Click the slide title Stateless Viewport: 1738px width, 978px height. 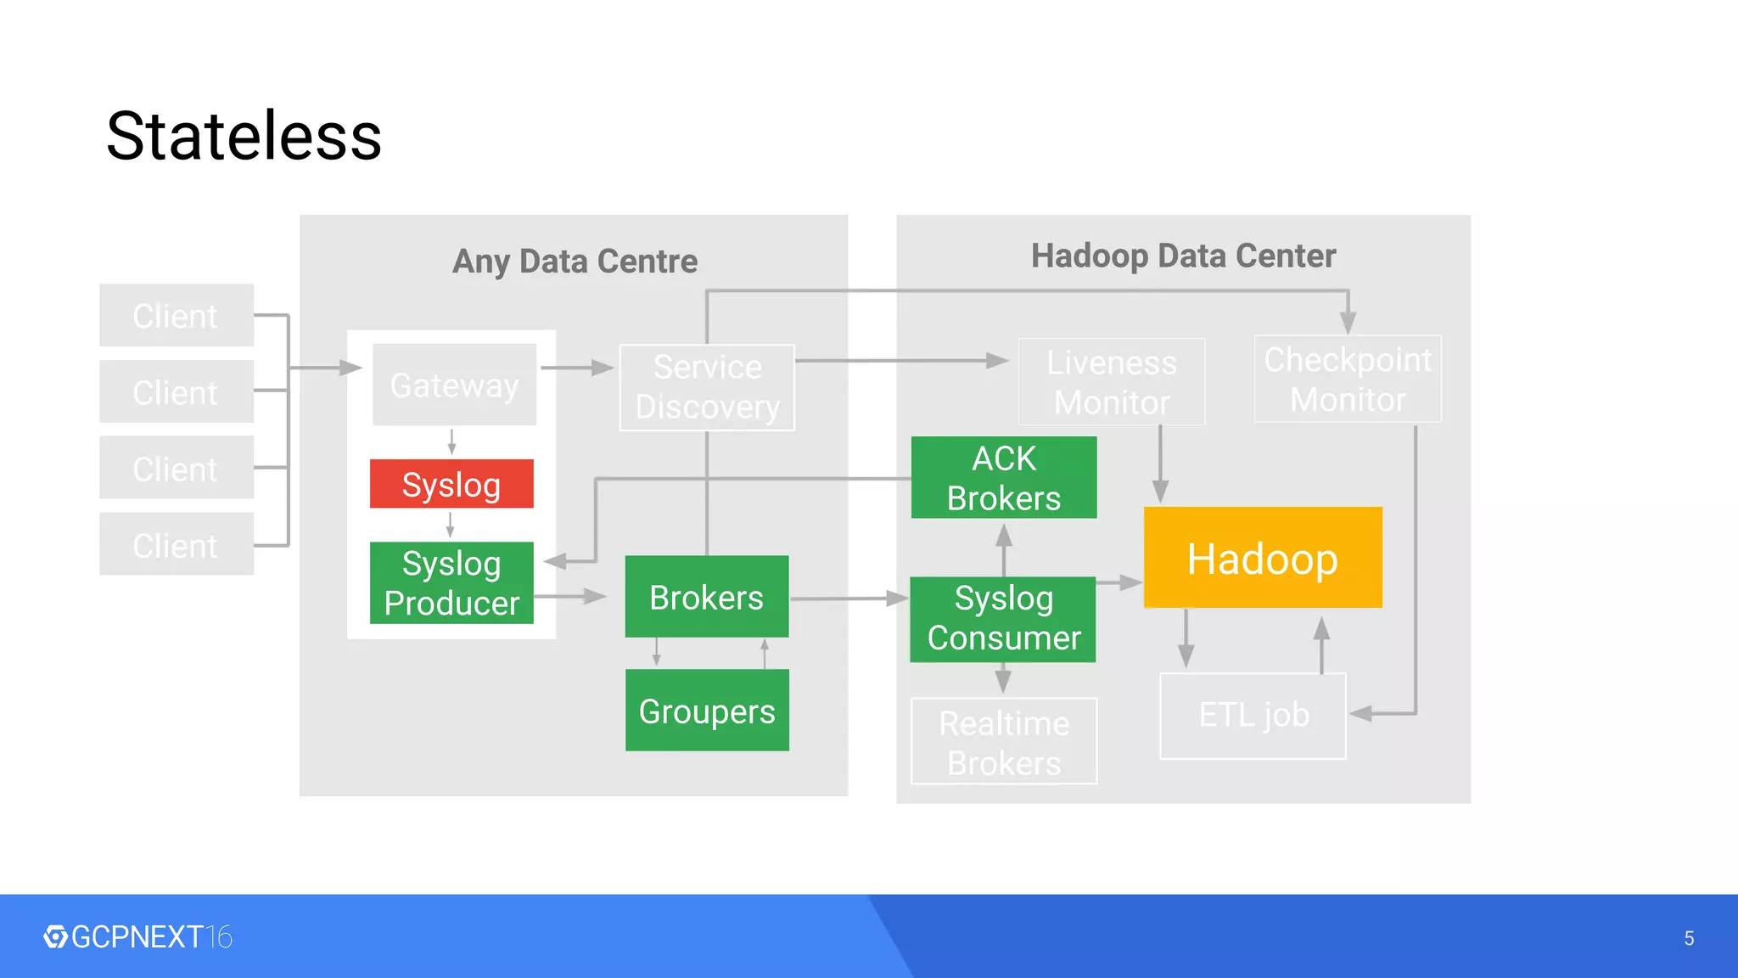(244, 136)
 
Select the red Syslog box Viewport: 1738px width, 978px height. (451, 484)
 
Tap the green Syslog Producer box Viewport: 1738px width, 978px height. (451, 583)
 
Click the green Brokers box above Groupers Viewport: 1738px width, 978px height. (707, 597)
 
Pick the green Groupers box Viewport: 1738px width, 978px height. (707, 711)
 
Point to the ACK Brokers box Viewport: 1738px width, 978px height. (1004, 478)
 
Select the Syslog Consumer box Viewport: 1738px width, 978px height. (1003, 619)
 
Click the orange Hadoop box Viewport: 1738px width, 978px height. (1263, 558)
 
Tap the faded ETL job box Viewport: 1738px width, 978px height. (1253, 716)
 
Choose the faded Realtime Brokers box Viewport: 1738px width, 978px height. (1004, 741)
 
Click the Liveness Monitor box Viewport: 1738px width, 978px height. (1112, 382)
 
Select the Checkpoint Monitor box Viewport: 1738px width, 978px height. (1348, 379)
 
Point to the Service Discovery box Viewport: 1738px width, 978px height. (707, 387)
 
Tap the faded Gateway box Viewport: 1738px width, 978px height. (455, 385)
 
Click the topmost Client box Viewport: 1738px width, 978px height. (177, 315)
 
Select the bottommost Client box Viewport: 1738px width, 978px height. (177, 544)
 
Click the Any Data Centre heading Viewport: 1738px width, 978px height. (575, 261)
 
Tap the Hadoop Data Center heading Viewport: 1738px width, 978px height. (1183, 256)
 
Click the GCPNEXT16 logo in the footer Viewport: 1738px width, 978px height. (137, 937)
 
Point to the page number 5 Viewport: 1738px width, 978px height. (1689, 938)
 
